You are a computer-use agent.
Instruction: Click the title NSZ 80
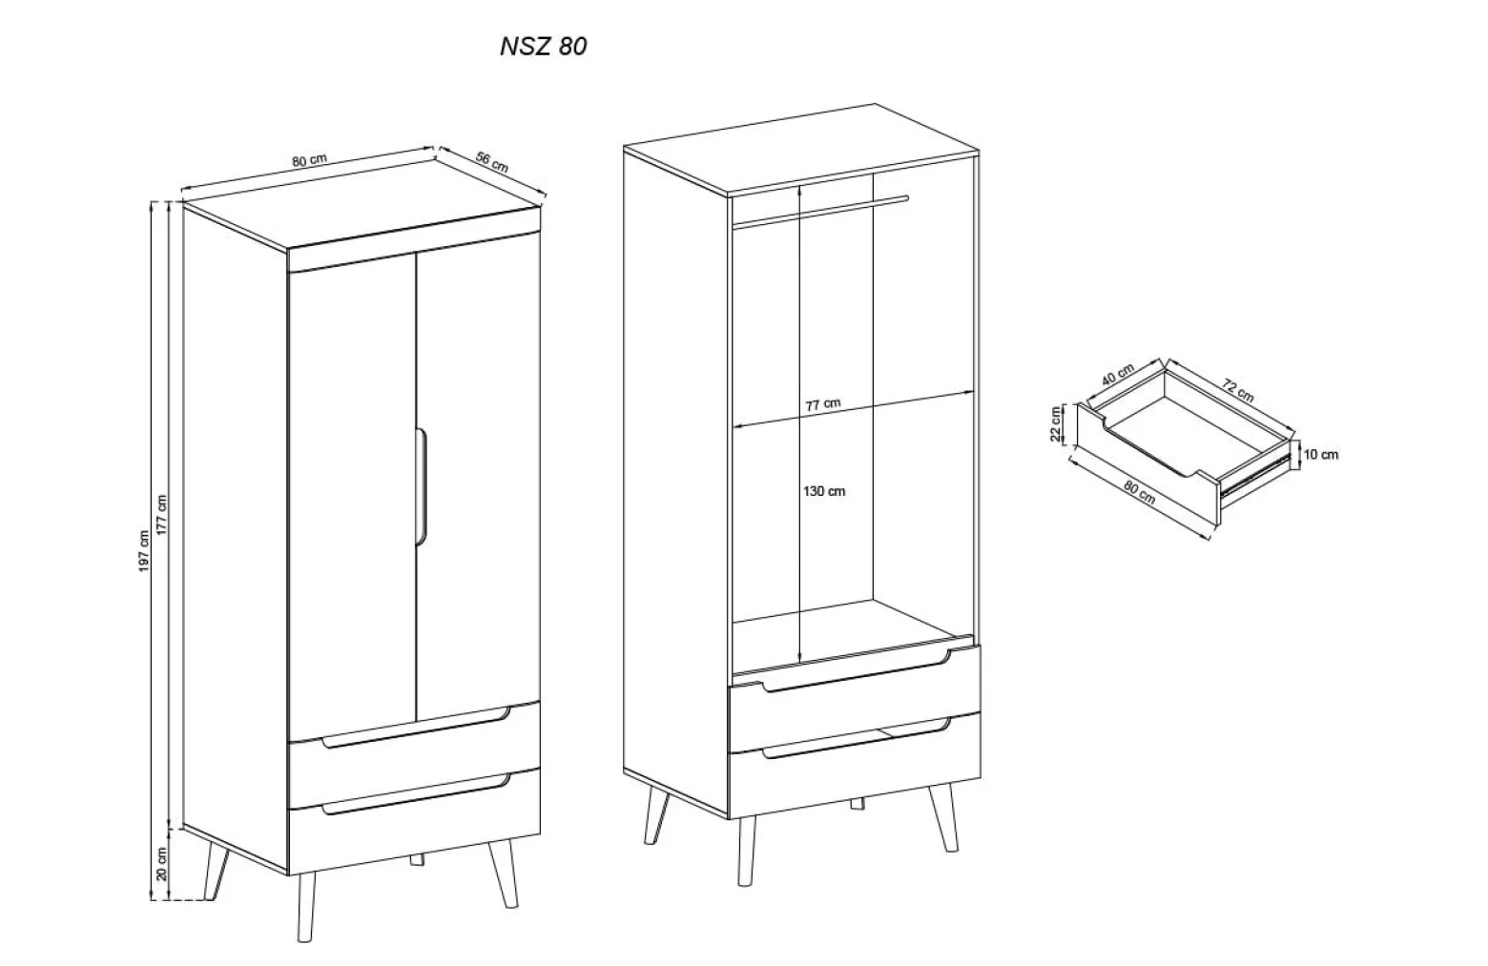coord(544,47)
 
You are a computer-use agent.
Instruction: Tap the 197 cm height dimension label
coord(144,551)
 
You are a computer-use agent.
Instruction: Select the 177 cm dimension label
coord(161,515)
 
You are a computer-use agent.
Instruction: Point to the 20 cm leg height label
coord(161,864)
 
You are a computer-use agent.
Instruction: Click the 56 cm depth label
coord(492,162)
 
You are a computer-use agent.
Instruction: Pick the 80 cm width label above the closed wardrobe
coord(310,160)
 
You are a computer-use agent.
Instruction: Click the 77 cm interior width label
coord(824,404)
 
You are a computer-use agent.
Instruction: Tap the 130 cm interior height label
coord(824,491)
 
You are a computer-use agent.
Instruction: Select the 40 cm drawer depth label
coord(1118,375)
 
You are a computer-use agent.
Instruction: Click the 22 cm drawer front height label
coord(1056,423)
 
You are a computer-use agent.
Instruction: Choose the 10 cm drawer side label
coord(1320,455)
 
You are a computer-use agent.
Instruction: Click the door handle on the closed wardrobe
coord(421,487)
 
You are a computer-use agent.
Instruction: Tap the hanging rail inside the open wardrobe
coord(819,212)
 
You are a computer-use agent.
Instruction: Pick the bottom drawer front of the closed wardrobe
coord(415,821)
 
